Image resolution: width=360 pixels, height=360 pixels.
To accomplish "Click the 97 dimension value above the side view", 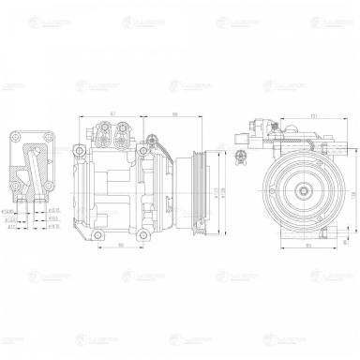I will pos(112,114).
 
